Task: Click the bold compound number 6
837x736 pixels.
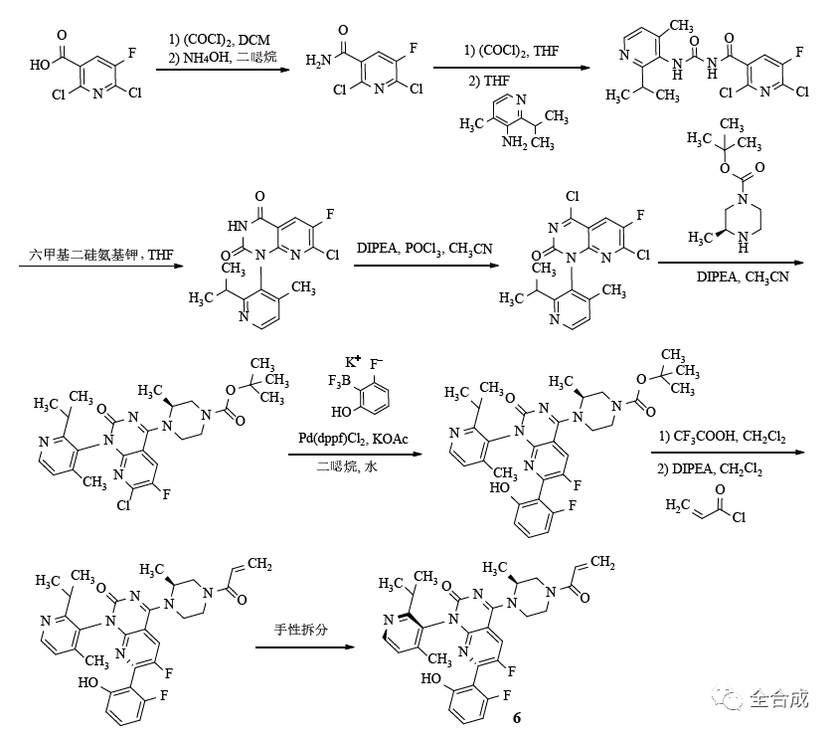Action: pos(516,717)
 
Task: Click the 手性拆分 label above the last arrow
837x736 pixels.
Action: pos(304,631)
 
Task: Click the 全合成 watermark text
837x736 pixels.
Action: pos(780,698)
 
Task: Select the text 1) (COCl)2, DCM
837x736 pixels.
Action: pos(220,38)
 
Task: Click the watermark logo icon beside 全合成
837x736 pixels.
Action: pos(733,698)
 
